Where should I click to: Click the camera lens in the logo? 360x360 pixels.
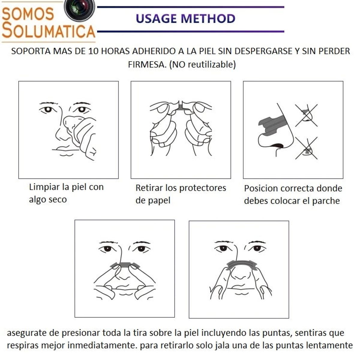tap(79, 8)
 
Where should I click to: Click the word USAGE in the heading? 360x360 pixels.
tap(157, 19)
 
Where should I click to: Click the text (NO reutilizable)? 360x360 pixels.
tap(202, 64)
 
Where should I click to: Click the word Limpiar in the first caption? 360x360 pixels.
tap(44, 187)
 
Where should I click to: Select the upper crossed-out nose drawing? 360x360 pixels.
tap(306, 115)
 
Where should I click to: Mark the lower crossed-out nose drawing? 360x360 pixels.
tap(306, 148)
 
